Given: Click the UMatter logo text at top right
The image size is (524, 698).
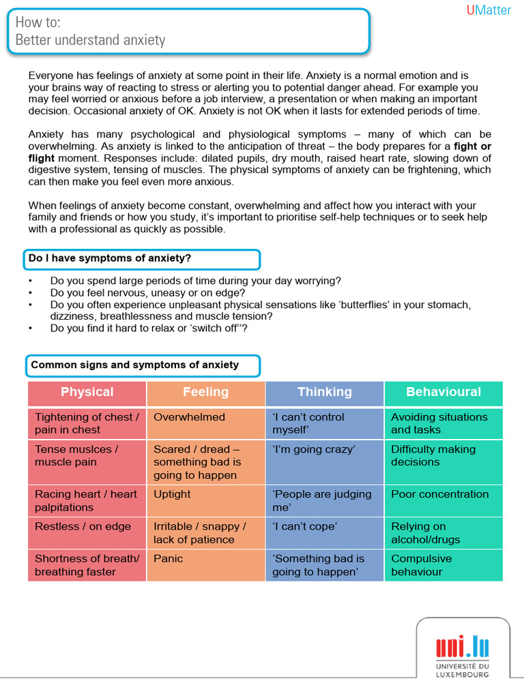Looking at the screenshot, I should pos(489,10).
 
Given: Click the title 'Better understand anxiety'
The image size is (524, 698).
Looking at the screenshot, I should pos(90,40).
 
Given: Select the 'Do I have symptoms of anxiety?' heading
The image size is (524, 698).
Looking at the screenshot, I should pos(110,258).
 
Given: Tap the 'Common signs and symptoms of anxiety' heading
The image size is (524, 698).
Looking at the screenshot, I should pos(135,365).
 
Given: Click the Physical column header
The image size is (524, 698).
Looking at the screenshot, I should pos(87,392).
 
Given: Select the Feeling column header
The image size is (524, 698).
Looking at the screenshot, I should pos(205,392).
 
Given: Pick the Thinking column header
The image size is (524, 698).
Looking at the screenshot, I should pos(325,392).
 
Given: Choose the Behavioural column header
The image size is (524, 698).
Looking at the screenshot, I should pos(443,392).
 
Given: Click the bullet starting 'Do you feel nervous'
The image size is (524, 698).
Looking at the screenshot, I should pos(147,293).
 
